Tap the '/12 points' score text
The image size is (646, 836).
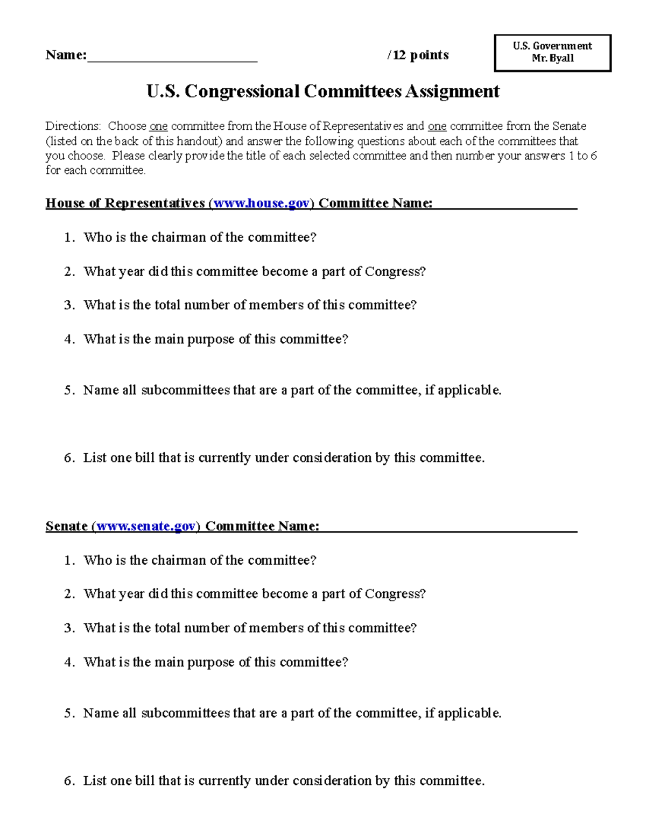[418, 55]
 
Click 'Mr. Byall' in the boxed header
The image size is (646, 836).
[552, 58]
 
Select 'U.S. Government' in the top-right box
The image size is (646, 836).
[552, 46]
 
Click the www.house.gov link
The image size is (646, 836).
[262, 203]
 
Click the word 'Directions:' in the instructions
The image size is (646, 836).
[73, 127]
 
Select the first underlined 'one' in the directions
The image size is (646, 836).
[158, 127]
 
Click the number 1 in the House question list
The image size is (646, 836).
[68, 237]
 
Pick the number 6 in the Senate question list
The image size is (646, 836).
[68, 781]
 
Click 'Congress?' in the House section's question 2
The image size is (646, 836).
[395, 271]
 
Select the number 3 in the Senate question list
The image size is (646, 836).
[68, 628]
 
